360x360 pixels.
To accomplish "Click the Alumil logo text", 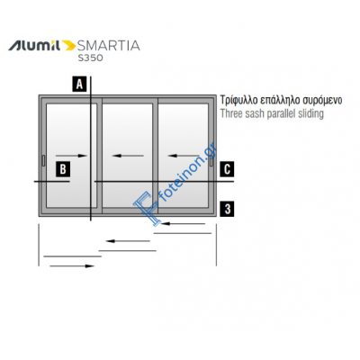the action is click(34, 46).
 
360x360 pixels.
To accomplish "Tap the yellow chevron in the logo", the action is click(69, 46).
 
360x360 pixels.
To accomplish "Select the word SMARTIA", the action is click(109, 46).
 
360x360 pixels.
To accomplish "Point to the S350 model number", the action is click(91, 58).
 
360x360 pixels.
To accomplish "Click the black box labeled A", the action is click(79, 84).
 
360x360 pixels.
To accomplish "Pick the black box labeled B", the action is click(63, 169).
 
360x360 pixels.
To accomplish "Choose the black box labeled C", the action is click(227, 169).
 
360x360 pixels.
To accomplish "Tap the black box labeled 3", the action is click(227, 209).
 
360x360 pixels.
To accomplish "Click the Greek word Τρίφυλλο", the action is click(239, 100).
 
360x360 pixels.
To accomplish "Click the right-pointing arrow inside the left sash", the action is click(71, 156).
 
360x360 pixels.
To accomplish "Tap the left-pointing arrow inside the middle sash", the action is click(128, 156).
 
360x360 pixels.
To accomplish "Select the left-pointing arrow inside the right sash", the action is click(184, 156).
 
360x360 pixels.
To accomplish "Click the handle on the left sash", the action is click(43, 160).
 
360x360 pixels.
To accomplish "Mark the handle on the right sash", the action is click(211, 160).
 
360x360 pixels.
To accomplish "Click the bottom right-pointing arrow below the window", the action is click(72, 265).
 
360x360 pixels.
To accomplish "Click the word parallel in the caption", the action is click(282, 114).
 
